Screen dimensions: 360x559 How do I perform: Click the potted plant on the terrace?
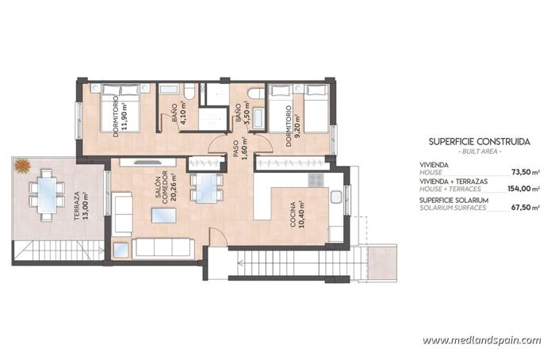(22, 167)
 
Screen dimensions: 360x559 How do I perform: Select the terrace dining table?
(48, 193)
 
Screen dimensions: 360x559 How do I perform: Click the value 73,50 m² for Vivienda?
(524, 170)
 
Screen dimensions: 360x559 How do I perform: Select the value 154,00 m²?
(523, 189)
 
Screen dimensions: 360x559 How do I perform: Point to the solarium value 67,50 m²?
(524, 207)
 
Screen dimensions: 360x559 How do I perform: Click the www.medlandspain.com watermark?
(481, 340)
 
